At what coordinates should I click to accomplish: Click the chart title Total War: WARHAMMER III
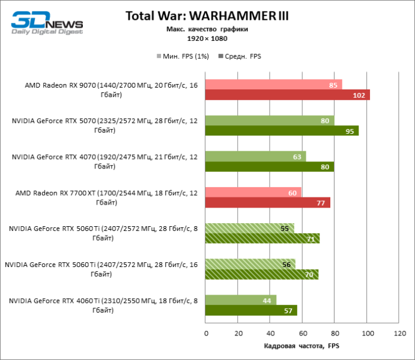click(x=207, y=16)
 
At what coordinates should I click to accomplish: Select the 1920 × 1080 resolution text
click(x=207, y=39)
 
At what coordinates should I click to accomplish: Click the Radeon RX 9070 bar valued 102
click(x=287, y=95)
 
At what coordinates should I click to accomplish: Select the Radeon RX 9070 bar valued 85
click(x=273, y=85)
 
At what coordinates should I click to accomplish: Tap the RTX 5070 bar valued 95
click(x=282, y=131)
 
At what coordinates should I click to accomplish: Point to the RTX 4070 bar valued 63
click(x=255, y=157)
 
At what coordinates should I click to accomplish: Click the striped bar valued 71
click(x=262, y=239)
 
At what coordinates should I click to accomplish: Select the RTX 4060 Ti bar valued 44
click(x=240, y=300)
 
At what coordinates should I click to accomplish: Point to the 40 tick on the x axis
click(x=270, y=334)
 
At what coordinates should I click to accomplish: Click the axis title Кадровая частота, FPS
click(x=301, y=347)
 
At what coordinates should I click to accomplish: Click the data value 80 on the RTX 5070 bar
click(x=325, y=121)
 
